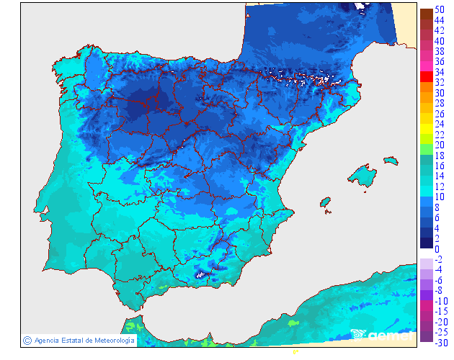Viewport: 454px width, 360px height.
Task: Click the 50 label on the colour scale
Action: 438,10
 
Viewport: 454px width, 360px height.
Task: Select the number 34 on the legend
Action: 438,72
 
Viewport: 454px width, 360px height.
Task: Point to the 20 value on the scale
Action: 438,145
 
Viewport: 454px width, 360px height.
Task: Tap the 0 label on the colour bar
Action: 437,248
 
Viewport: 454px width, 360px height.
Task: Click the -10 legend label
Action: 438,300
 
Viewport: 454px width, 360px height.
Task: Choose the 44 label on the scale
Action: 438,20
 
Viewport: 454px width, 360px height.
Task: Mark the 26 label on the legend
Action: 438,114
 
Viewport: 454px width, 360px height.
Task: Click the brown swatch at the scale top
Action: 426,13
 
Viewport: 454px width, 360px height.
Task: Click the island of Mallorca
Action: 363,176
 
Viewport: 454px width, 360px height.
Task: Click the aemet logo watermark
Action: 382,335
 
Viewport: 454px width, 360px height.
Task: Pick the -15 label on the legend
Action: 438,311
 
